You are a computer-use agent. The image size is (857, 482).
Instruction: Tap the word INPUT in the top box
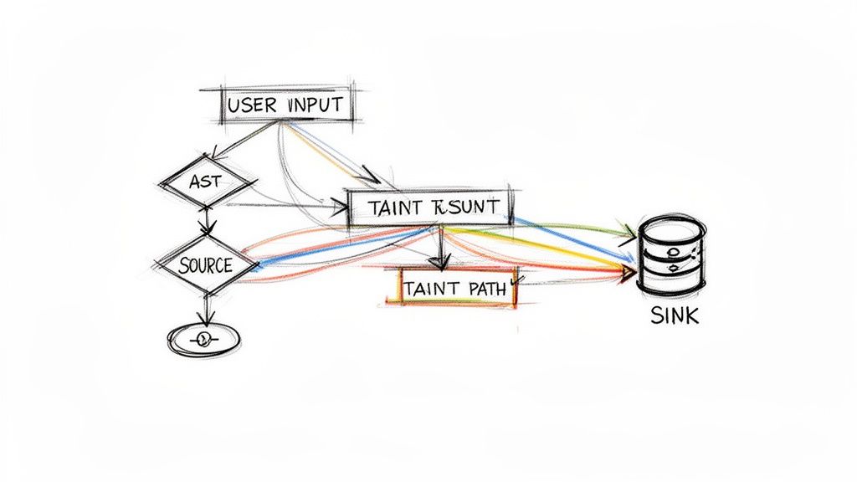pyautogui.click(x=314, y=105)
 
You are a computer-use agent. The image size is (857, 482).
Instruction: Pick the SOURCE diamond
pyautogui.click(x=205, y=265)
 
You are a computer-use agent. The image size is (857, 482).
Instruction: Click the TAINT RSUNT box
pyautogui.click(x=430, y=207)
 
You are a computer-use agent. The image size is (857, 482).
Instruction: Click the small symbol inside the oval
pyautogui.click(x=203, y=339)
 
